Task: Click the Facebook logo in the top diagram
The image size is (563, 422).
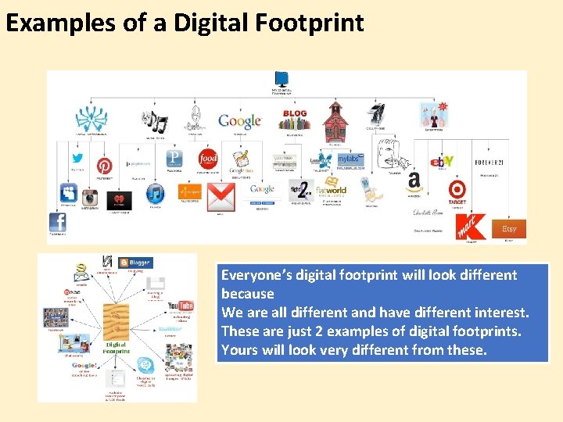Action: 58,223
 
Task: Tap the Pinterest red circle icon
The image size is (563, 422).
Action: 104,166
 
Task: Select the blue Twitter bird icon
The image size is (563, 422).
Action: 77,160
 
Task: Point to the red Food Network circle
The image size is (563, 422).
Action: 208,159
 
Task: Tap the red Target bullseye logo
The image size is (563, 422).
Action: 457,189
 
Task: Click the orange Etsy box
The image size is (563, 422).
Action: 509,229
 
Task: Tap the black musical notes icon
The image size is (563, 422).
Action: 154,121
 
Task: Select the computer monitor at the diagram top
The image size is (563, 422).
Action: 281,79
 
